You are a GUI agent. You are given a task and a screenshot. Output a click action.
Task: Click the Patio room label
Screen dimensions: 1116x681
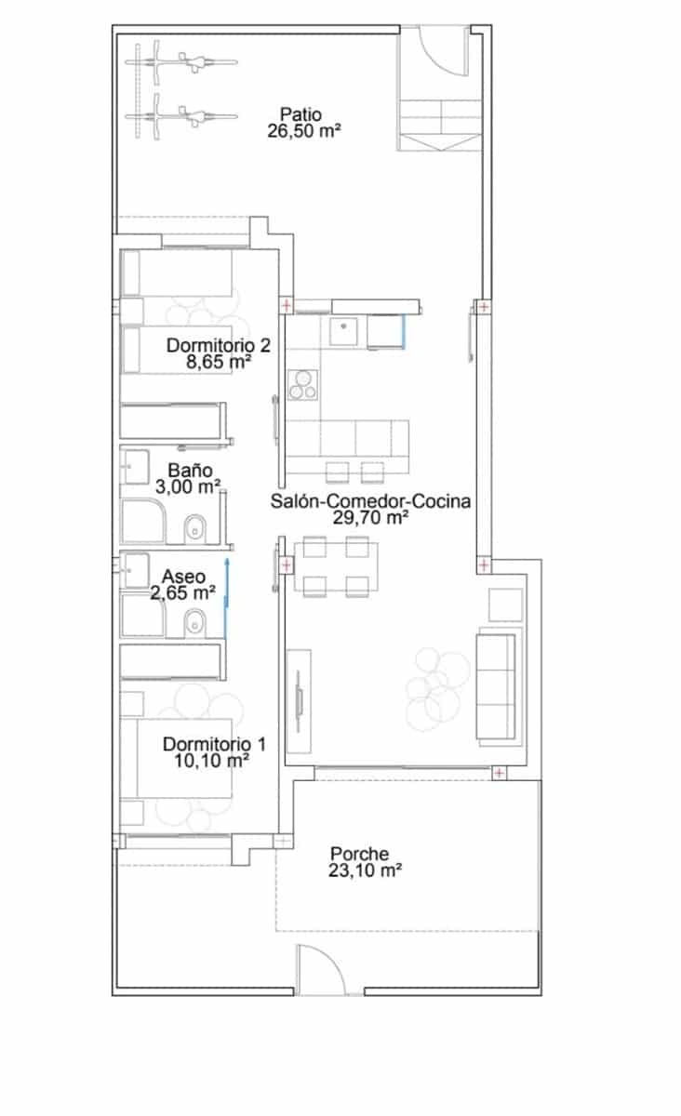point(300,115)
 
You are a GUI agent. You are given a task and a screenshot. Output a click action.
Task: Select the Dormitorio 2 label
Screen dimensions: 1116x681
point(219,345)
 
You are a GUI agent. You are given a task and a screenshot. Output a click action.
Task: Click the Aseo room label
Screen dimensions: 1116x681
point(183,578)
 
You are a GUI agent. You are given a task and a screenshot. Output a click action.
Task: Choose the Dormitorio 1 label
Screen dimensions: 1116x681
point(215,744)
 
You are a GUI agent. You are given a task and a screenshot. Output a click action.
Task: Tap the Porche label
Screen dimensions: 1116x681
point(359,855)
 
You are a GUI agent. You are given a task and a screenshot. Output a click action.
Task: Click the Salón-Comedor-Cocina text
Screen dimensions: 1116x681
point(370,501)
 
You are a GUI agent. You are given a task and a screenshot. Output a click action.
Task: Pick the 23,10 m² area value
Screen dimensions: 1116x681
point(365,870)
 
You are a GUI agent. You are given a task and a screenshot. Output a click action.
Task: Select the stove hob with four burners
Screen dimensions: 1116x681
point(301,384)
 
